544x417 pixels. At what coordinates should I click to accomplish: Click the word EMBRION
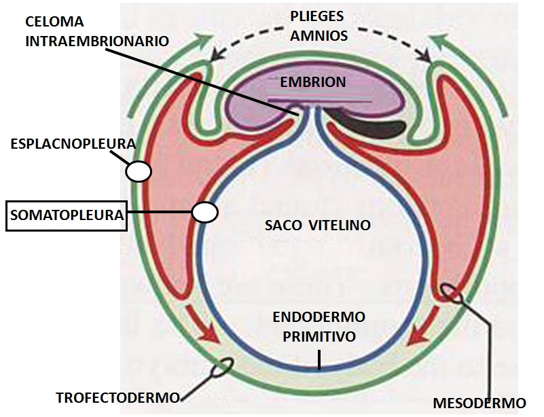pyautogui.click(x=314, y=82)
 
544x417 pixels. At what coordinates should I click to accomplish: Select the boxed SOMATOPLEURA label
pyautogui.click(x=67, y=216)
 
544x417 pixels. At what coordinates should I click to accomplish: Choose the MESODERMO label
pyautogui.click(x=479, y=402)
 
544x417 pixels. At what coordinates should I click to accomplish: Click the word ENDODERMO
pyautogui.click(x=319, y=317)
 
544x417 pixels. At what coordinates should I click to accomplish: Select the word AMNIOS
pyautogui.click(x=319, y=35)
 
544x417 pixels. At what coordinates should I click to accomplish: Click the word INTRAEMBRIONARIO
pyautogui.click(x=97, y=41)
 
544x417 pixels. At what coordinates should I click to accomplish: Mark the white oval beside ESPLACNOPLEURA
pyautogui.click(x=138, y=170)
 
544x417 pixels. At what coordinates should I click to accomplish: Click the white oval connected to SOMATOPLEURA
pyautogui.click(x=204, y=213)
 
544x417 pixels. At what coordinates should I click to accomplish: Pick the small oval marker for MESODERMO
pyautogui.click(x=453, y=293)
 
